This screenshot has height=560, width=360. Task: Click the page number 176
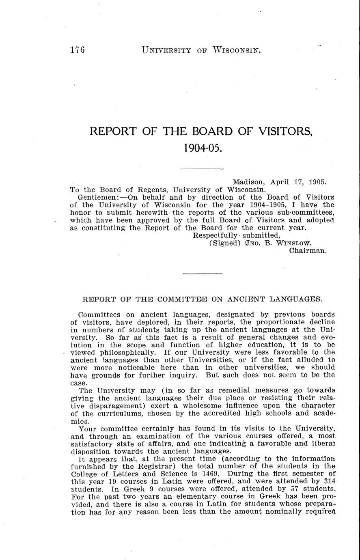click(77, 50)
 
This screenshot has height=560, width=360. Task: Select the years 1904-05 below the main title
click(202, 147)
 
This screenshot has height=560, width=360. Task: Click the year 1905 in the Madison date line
click(317, 182)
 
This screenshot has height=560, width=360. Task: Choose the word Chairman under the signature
click(308, 251)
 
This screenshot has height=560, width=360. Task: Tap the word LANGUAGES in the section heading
click(296, 299)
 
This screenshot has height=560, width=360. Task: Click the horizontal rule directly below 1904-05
click(201, 168)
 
